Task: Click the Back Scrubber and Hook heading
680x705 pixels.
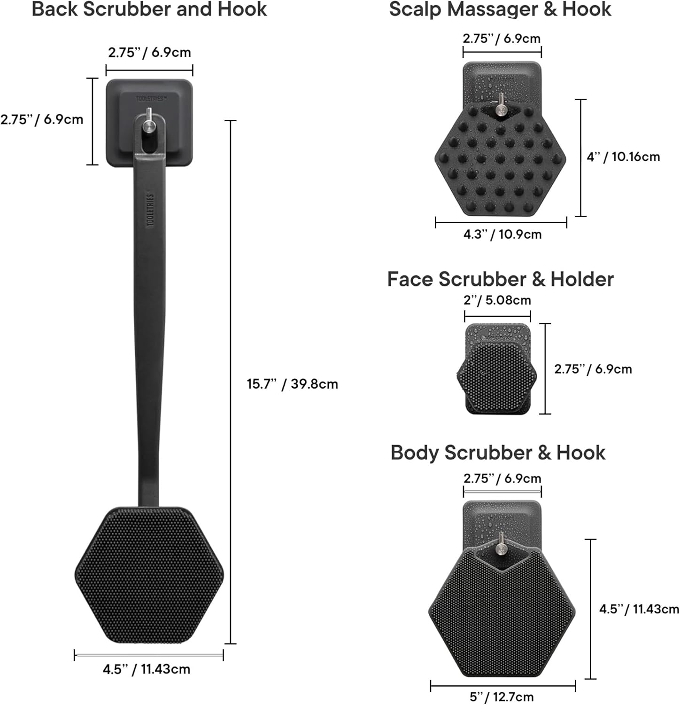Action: [149, 9]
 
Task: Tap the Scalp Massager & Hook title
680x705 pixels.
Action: [500, 9]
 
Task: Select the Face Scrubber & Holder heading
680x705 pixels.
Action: [500, 279]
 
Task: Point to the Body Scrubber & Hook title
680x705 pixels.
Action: [498, 453]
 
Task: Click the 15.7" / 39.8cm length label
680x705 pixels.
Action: [292, 384]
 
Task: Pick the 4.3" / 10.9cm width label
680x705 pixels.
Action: [502, 234]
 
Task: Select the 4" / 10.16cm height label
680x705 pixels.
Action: [623, 157]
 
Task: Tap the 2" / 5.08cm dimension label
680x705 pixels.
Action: [497, 300]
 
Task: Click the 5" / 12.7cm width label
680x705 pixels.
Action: [502, 697]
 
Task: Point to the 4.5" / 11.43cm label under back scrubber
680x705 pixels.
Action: [147, 669]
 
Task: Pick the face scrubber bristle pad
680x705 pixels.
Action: [497, 374]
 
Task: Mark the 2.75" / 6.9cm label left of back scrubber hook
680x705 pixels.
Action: [42, 119]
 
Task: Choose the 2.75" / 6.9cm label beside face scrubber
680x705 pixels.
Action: [593, 369]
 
